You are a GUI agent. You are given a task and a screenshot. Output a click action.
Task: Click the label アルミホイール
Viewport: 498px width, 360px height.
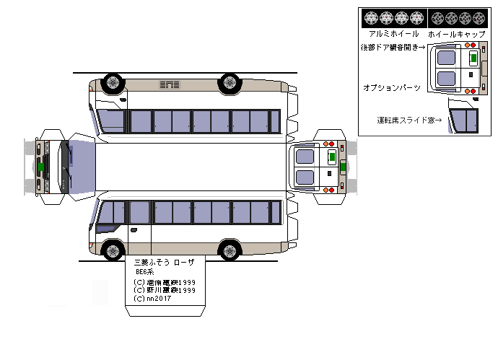click(x=393, y=34)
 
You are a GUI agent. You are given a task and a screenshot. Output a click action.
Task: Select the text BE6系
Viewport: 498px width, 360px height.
click(x=147, y=272)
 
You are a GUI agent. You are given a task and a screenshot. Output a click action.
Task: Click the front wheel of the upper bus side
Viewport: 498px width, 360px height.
click(x=113, y=82)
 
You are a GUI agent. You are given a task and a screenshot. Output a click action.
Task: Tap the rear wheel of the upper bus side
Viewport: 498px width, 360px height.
click(x=230, y=82)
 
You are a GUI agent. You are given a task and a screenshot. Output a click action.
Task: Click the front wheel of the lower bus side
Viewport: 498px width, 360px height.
click(x=113, y=250)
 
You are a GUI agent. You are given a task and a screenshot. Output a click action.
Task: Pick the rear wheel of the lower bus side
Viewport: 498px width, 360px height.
click(x=230, y=250)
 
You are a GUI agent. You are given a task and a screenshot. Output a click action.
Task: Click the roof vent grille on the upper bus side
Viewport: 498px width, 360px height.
click(x=170, y=85)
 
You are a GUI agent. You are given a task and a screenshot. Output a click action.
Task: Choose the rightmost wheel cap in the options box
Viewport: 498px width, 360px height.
click(x=479, y=17)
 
